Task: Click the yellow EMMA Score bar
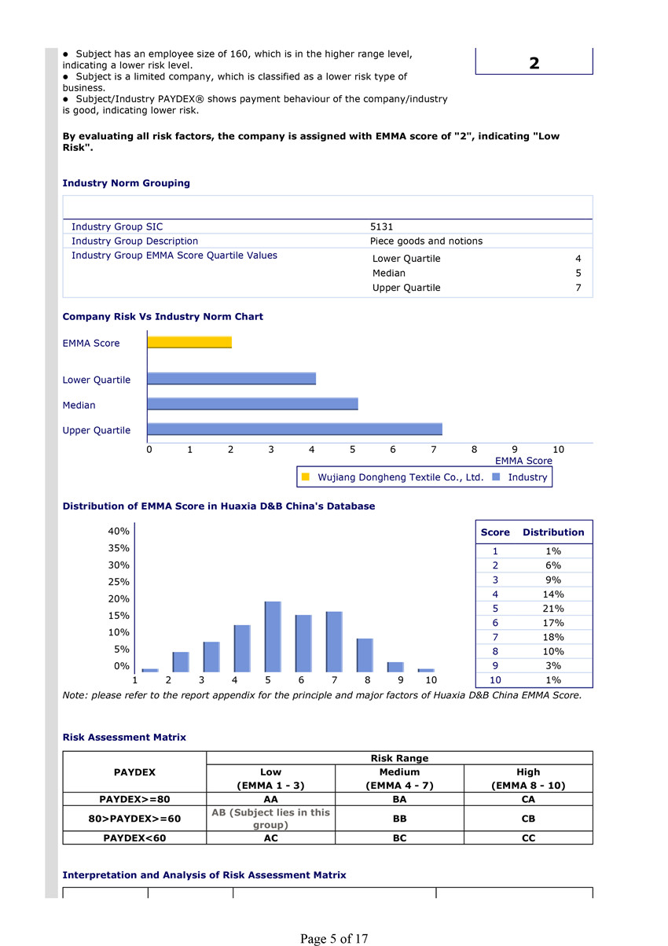coord(189,342)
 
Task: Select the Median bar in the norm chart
coord(252,404)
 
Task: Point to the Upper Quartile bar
coord(295,429)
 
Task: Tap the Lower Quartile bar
coord(231,379)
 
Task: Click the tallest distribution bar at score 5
coord(273,636)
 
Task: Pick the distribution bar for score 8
coord(365,654)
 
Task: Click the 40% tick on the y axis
coord(119,532)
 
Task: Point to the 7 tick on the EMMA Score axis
coord(433,450)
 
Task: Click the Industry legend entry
coord(527,477)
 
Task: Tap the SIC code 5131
coord(382,226)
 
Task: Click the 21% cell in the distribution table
coord(553,609)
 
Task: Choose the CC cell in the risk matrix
coord(528,838)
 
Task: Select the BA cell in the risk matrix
coord(399,799)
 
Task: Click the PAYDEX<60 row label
coord(134,838)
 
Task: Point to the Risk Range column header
coord(399,758)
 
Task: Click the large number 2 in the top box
coord(534,63)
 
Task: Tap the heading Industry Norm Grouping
coord(126,183)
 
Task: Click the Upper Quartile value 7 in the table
coord(578,288)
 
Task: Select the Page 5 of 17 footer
coord(334,938)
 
